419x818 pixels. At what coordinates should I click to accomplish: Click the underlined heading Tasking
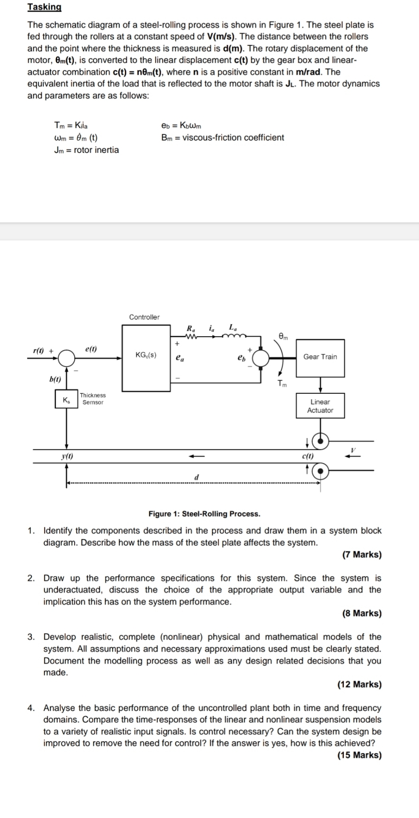44,7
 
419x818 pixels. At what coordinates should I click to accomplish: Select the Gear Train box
320,357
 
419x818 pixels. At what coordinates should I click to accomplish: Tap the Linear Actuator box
320,406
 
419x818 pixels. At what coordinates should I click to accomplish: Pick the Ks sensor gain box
66,400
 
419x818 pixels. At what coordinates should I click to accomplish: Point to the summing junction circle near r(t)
66,358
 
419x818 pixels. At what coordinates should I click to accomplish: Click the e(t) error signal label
91,349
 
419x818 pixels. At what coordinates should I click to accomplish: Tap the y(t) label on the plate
67,456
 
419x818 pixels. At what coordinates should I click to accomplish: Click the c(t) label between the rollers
307,456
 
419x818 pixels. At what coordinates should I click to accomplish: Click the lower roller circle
321,471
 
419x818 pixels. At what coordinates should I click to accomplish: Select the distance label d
196,477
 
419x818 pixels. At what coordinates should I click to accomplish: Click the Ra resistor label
191,328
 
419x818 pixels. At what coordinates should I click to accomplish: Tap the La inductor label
233,328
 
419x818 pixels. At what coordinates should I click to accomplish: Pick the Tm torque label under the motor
282,383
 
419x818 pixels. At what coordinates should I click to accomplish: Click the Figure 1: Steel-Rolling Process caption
204,514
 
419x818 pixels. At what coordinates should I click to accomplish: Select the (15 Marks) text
359,755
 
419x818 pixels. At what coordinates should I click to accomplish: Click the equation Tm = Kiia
71,125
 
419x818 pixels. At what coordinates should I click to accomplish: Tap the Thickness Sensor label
92,399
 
